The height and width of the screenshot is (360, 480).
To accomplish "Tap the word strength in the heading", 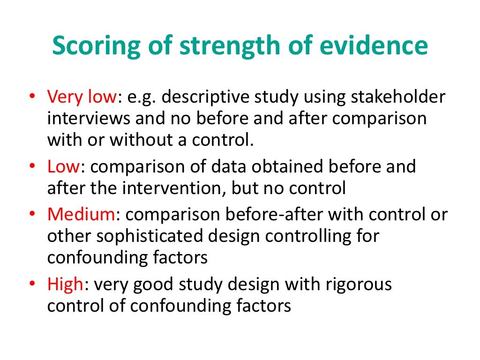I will (x=219, y=46).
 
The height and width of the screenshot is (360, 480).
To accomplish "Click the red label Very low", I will (x=81, y=97).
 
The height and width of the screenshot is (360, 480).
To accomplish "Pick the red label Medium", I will (x=81, y=214).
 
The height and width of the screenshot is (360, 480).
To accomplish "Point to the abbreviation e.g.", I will (x=141, y=97).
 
